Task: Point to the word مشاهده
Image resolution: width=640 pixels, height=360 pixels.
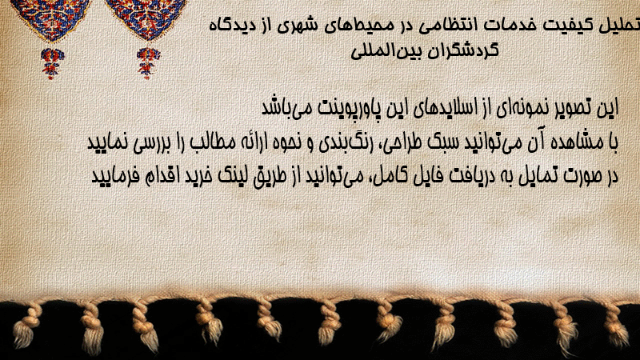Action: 576,142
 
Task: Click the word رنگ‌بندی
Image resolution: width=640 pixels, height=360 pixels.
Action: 342,143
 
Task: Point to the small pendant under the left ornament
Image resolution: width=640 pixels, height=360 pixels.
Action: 52,63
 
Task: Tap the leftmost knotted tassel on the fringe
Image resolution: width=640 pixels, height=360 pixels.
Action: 26,326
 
